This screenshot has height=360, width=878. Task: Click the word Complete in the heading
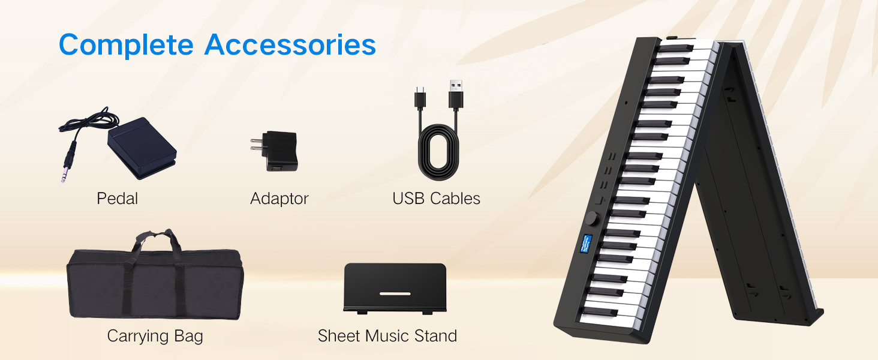pos(126,45)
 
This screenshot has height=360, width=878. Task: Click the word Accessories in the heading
pos(290,44)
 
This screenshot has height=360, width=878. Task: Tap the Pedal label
pos(117,199)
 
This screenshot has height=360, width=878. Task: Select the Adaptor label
pos(279,199)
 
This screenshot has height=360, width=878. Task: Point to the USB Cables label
pos(436,199)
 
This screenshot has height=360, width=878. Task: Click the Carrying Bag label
pos(155,336)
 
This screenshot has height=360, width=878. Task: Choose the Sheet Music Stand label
pos(387,335)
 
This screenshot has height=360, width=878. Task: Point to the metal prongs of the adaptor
pos(256,145)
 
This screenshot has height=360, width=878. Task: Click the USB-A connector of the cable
pos(456,94)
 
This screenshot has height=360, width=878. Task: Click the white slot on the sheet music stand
pos(395,294)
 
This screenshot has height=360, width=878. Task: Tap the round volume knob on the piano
pos(592,218)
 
